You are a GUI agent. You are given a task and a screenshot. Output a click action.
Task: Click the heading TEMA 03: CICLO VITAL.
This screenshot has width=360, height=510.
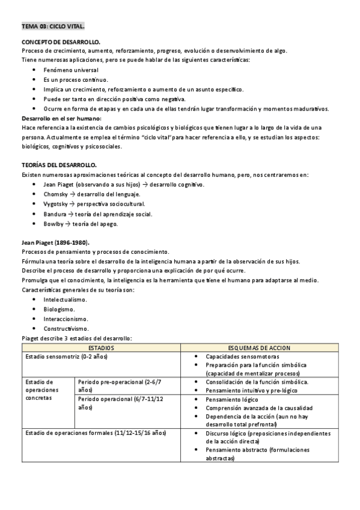coord(53,27)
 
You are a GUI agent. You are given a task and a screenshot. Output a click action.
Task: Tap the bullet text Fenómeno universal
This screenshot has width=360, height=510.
coord(70,70)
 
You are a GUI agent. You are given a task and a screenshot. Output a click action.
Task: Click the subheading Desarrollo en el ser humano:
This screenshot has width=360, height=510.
coord(61,118)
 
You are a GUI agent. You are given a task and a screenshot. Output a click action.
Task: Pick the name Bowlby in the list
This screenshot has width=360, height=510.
coord(54,224)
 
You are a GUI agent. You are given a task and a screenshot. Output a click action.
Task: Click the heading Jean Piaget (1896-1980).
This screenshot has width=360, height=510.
coord(55,242)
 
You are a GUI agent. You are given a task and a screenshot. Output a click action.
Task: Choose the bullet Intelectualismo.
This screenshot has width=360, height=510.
coord(66,299)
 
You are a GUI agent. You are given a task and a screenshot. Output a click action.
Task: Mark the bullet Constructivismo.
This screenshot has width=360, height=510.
coord(66,328)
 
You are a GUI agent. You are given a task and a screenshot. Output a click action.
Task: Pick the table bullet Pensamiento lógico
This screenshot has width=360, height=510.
coord(232,399)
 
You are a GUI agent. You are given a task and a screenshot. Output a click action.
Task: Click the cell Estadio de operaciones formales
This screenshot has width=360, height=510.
coord(96,433)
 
